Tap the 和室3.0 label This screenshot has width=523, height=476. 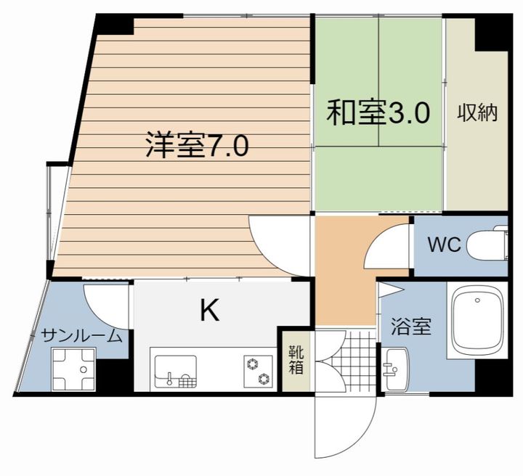pyautogui.click(x=378, y=114)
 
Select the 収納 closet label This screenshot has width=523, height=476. pyautogui.click(x=477, y=113)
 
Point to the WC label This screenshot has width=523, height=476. pyautogui.click(x=443, y=245)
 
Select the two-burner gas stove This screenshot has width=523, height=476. pyautogui.click(x=257, y=371)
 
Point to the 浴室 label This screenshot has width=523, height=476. pyautogui.click(x=411, y=327)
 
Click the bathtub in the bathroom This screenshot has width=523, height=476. pyautogui.click(x=477, y=320)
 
